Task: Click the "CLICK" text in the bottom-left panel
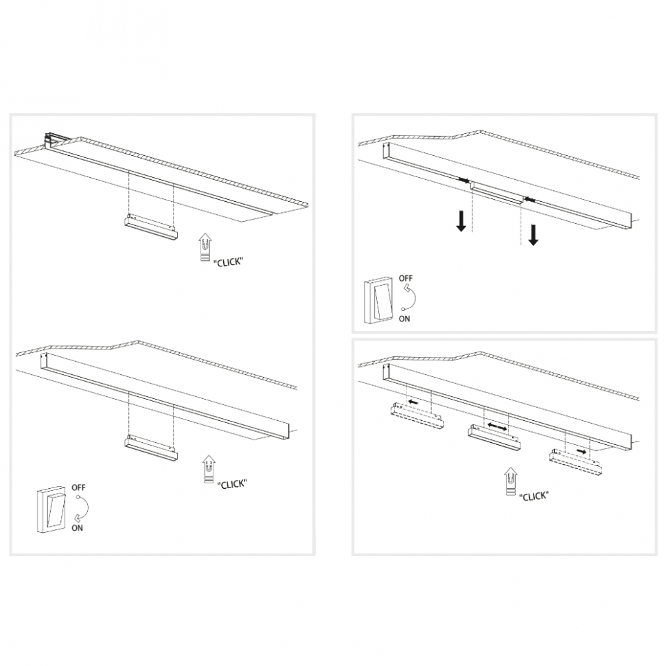click(232, 484)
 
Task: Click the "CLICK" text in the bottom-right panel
click(533, 496)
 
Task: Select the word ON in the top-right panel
click(405, 319)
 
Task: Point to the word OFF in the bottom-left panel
click(78, 488)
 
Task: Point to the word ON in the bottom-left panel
click(77, 528)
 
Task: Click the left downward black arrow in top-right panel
click(462, 220)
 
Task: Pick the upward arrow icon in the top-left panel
click(205, 248)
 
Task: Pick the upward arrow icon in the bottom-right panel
click(509, 481)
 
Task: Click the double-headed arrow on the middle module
click(496, 428)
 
